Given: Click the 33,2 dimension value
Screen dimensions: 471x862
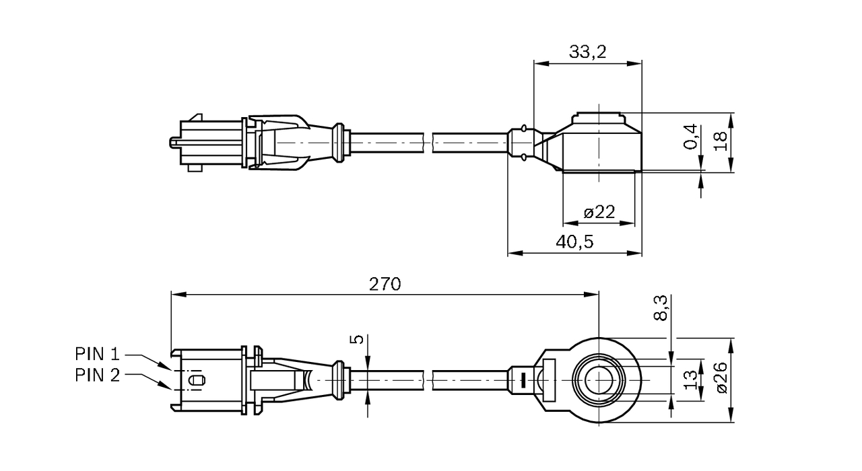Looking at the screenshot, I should tap(587, 51).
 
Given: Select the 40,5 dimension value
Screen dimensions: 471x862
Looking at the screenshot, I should tap(574, 242).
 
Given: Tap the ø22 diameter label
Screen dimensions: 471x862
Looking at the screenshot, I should tap(599, 213).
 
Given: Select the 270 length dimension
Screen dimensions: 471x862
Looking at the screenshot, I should tap(385, 283).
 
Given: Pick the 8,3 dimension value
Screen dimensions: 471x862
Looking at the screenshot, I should tap(661, 307).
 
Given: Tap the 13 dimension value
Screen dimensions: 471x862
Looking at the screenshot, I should tap(690, 380).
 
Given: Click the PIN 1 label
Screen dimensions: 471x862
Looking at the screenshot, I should tap(97, 353).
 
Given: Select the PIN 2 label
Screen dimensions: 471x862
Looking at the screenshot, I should tap(97, 375).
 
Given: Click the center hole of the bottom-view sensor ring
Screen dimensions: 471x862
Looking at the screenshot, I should tap(597, 380).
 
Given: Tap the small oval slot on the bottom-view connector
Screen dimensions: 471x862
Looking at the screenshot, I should tap(196, 380).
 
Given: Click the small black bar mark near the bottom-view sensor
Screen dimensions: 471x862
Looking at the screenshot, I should tap(521, 380).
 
